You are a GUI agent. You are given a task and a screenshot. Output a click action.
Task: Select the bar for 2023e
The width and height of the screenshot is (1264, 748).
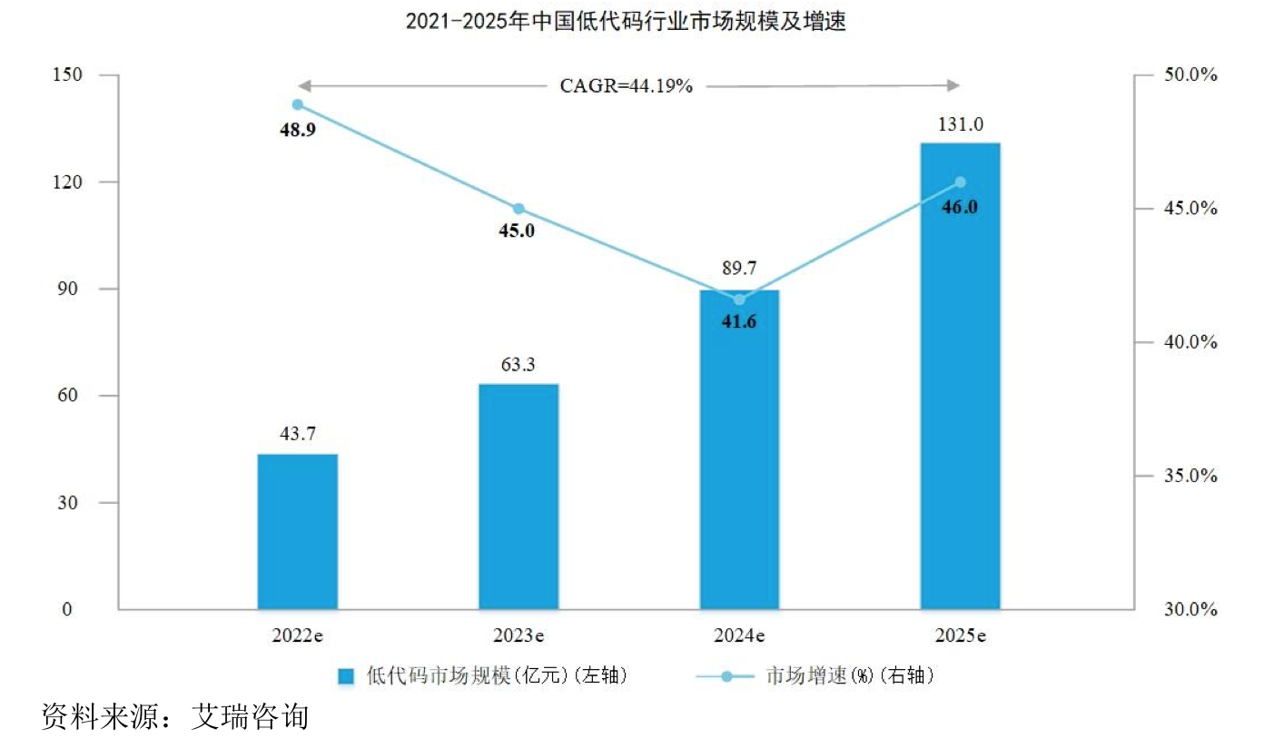coord(518,497)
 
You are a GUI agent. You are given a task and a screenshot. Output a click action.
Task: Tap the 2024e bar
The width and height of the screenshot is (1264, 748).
coord(739,449)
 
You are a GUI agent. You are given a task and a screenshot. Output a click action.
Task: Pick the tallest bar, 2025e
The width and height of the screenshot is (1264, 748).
coord(961,376)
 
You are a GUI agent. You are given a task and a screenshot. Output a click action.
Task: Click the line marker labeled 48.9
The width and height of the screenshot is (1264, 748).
coord(298,104)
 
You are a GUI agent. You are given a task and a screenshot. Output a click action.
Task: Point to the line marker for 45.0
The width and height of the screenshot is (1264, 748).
coord(518,209)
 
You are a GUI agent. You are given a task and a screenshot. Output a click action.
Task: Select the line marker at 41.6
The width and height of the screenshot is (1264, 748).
coord(739,300)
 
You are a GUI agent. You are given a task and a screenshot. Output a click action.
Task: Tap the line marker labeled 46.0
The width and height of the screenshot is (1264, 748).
coord(961,182)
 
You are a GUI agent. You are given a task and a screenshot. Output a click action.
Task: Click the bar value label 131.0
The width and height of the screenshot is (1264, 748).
coord(961,124)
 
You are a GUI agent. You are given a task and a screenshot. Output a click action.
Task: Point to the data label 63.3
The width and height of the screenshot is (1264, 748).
coord(518,366)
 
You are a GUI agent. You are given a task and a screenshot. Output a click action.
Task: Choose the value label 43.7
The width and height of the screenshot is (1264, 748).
coord(297,435)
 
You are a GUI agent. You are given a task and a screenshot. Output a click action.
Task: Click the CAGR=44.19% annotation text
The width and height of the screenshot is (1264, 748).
coord(627,86)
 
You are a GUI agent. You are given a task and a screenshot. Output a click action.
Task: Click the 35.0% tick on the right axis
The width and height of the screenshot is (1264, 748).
coord(1190,476)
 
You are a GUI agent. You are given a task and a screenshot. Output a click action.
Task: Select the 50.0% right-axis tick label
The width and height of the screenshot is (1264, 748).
coord(1190,74)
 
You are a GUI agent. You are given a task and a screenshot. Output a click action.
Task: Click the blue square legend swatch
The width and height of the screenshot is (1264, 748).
coord(346,676)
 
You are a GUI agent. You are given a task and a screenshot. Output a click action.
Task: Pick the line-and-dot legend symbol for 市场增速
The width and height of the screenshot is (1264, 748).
coord(726,676)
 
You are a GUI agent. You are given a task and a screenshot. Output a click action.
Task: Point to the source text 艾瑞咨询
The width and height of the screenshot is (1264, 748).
coord(251,717)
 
